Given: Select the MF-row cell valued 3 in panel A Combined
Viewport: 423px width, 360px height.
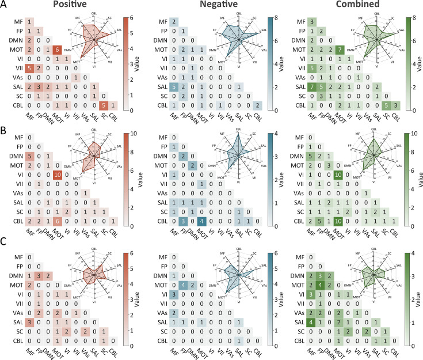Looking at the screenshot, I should [x=311, y=22].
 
